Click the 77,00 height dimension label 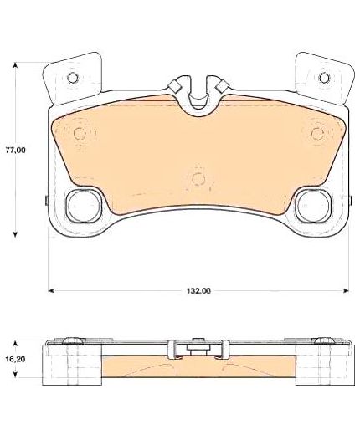coord(16,151)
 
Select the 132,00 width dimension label coord(198,291)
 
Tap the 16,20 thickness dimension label coord(15,359)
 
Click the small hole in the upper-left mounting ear coord(73,78)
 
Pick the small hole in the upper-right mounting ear coord(324,78)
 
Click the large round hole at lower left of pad coord(84,206)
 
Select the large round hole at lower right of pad coord(314,206)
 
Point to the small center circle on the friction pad coord(198,178)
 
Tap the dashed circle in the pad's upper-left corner coord(80,134)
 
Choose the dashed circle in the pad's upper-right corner coord(317,134)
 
